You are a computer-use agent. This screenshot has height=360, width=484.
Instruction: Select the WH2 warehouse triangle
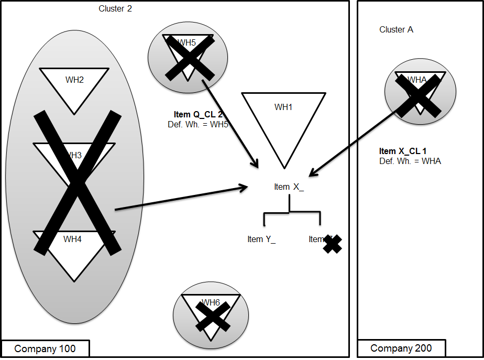pyautogui.click(x=74, y=86)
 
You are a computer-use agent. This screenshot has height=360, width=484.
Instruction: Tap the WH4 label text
pyautogui.click(x=73, y=239)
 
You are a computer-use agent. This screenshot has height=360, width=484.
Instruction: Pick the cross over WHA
pyautogui.click(x=417, y=95)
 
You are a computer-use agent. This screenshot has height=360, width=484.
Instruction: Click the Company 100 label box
pyautogui.click(x=45, y=349)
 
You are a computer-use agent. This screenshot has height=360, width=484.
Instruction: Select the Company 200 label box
pyautogui.click(x=401, y=348)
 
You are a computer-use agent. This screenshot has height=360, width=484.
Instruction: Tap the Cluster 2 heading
pyautogui.click(x=115, y=8)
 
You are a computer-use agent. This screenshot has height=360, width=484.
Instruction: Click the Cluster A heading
pyautogui.click(x=396, y=30)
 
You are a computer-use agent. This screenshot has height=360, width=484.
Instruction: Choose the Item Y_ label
pyautogui.click(x=261, y=239)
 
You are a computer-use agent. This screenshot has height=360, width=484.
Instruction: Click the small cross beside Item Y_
pyautogui.click(x=332, y=244)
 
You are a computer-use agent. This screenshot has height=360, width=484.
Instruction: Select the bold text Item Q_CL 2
pyautogui.click(x=198, y=114)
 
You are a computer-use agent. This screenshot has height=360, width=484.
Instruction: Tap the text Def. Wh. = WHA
pyautogui.click(x=410, y=161)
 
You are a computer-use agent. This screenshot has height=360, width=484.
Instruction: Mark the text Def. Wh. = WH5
pyautogui.click(x=195, y=124)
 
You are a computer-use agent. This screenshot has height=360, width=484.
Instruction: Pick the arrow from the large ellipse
pyautogui.click(x=181, y=198)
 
